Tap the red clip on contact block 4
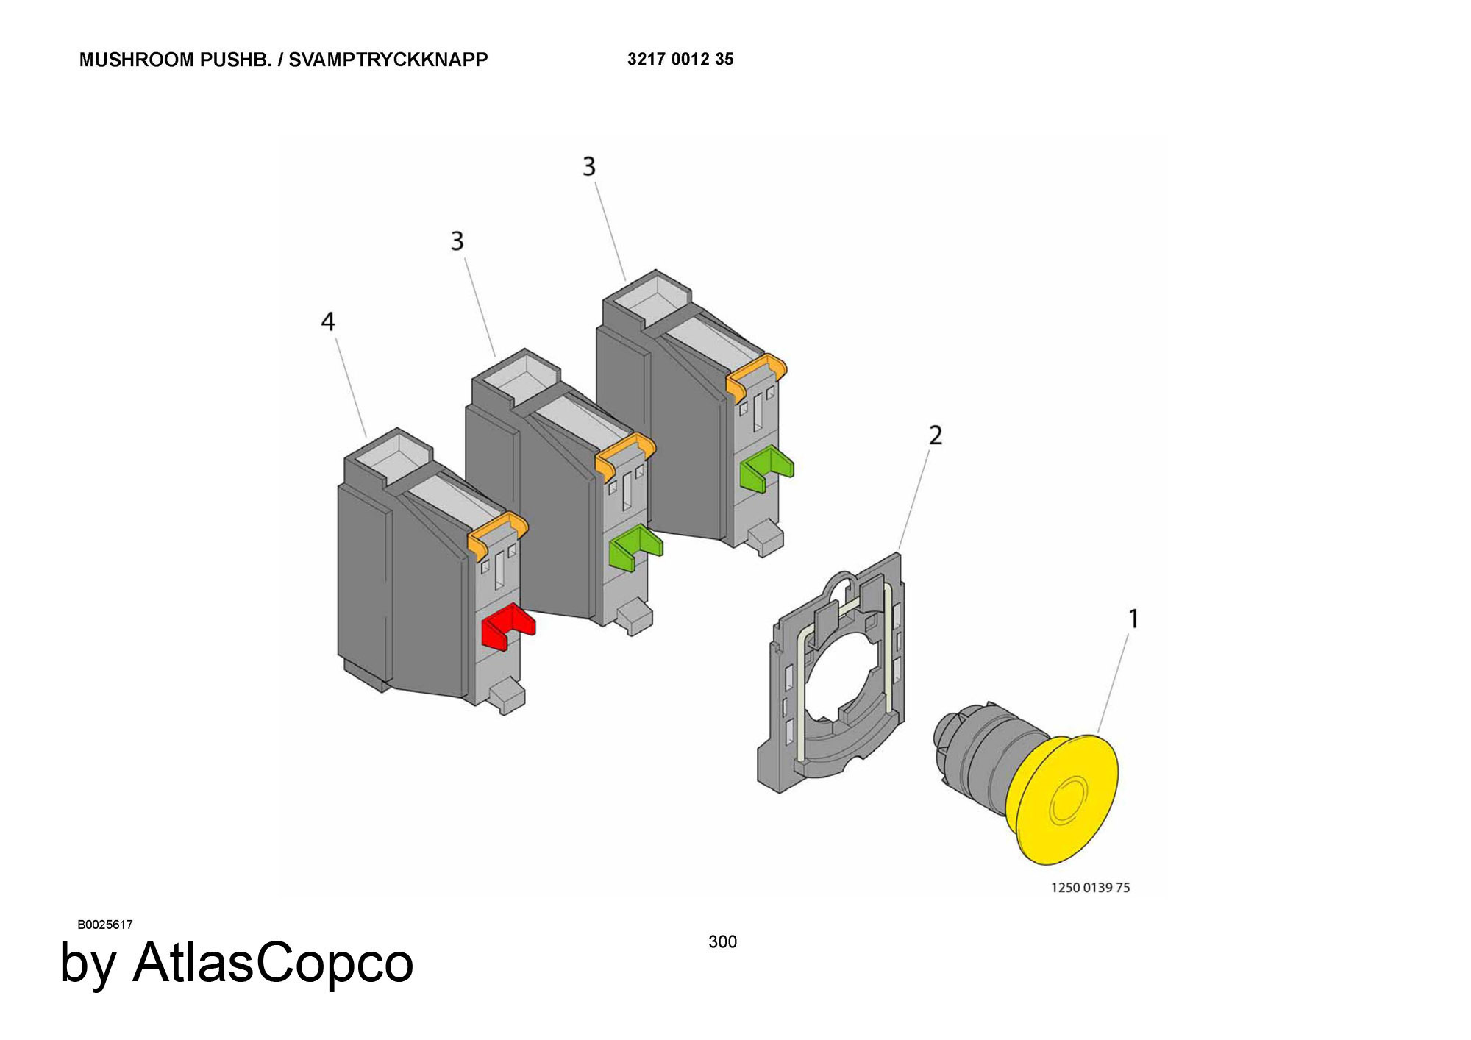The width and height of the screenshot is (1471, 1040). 508,626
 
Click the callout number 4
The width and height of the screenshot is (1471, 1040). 328,321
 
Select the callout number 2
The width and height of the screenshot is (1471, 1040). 935,435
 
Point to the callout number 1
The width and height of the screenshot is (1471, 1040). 1133,619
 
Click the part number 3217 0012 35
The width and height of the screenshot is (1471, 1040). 680,59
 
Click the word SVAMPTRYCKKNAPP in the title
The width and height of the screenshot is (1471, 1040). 388,60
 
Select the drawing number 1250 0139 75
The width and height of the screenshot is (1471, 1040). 1090,888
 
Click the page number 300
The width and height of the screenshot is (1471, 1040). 722,941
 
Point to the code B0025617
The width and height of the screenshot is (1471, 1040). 105,925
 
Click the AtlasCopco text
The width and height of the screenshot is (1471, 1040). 273,963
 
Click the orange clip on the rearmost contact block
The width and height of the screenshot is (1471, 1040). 756,375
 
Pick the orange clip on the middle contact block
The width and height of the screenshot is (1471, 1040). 625,455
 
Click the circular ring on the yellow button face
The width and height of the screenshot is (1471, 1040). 1067,802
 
